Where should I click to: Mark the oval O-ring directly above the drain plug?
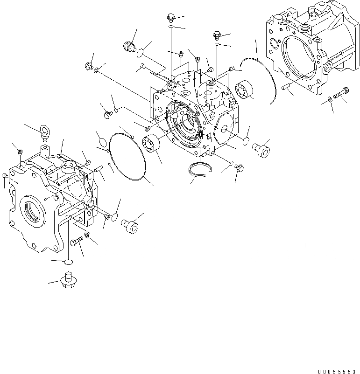[68, 263]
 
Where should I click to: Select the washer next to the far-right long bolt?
[330, 99]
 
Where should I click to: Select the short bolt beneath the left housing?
[77, 241]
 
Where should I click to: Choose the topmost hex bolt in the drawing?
[170, 18]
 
